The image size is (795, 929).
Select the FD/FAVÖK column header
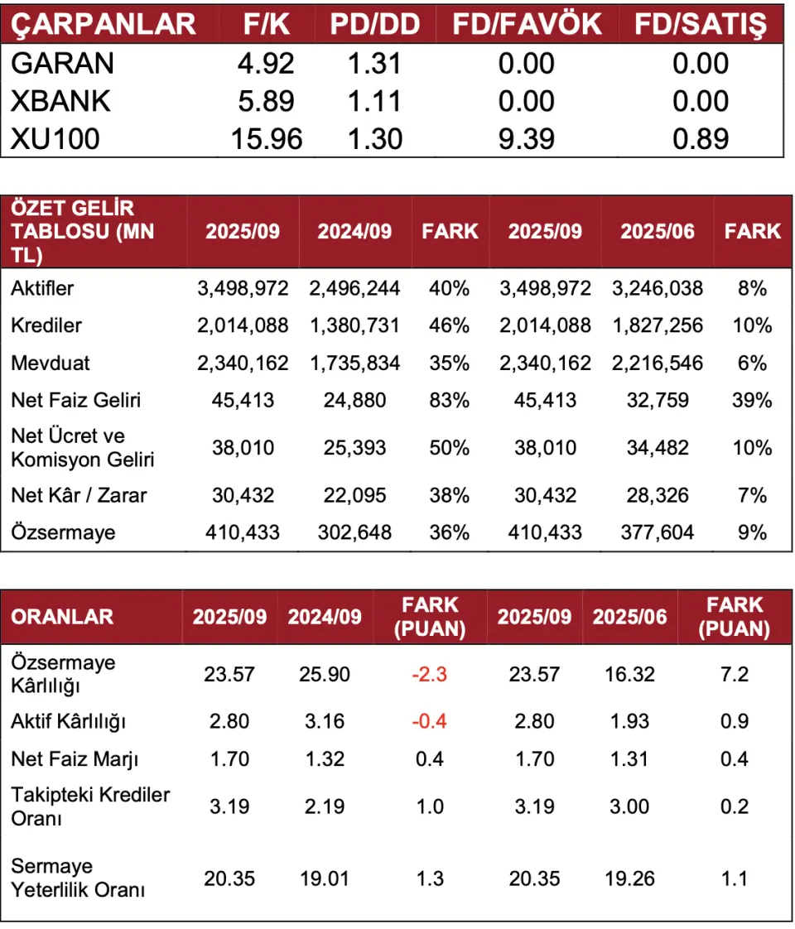point(527,24)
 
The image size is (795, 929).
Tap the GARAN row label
point(63,64)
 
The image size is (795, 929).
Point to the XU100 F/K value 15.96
point(267,138)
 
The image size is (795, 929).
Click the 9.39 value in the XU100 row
point(527,138)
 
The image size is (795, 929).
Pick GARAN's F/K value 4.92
point(267,64)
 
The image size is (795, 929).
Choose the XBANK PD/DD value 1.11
point(375,101)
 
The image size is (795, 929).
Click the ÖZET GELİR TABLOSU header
point(83,231)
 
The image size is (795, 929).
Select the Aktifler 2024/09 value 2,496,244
point(354,288)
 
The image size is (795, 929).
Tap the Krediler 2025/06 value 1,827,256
point(658,325)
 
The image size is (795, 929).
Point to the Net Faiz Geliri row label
point(76,401)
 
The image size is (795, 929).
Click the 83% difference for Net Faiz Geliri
point(450,401)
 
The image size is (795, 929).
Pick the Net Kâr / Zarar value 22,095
point(354,495)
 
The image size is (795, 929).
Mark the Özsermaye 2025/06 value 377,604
point(658,532)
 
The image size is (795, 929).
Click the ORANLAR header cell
point(62,617)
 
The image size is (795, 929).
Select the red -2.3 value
point(429,674)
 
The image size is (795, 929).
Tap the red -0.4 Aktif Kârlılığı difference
point(429,721)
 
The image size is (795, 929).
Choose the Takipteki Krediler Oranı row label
point(90,806)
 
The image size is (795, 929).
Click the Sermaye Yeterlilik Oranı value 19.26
point(629,878)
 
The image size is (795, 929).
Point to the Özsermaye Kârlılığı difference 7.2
point(734,674)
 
